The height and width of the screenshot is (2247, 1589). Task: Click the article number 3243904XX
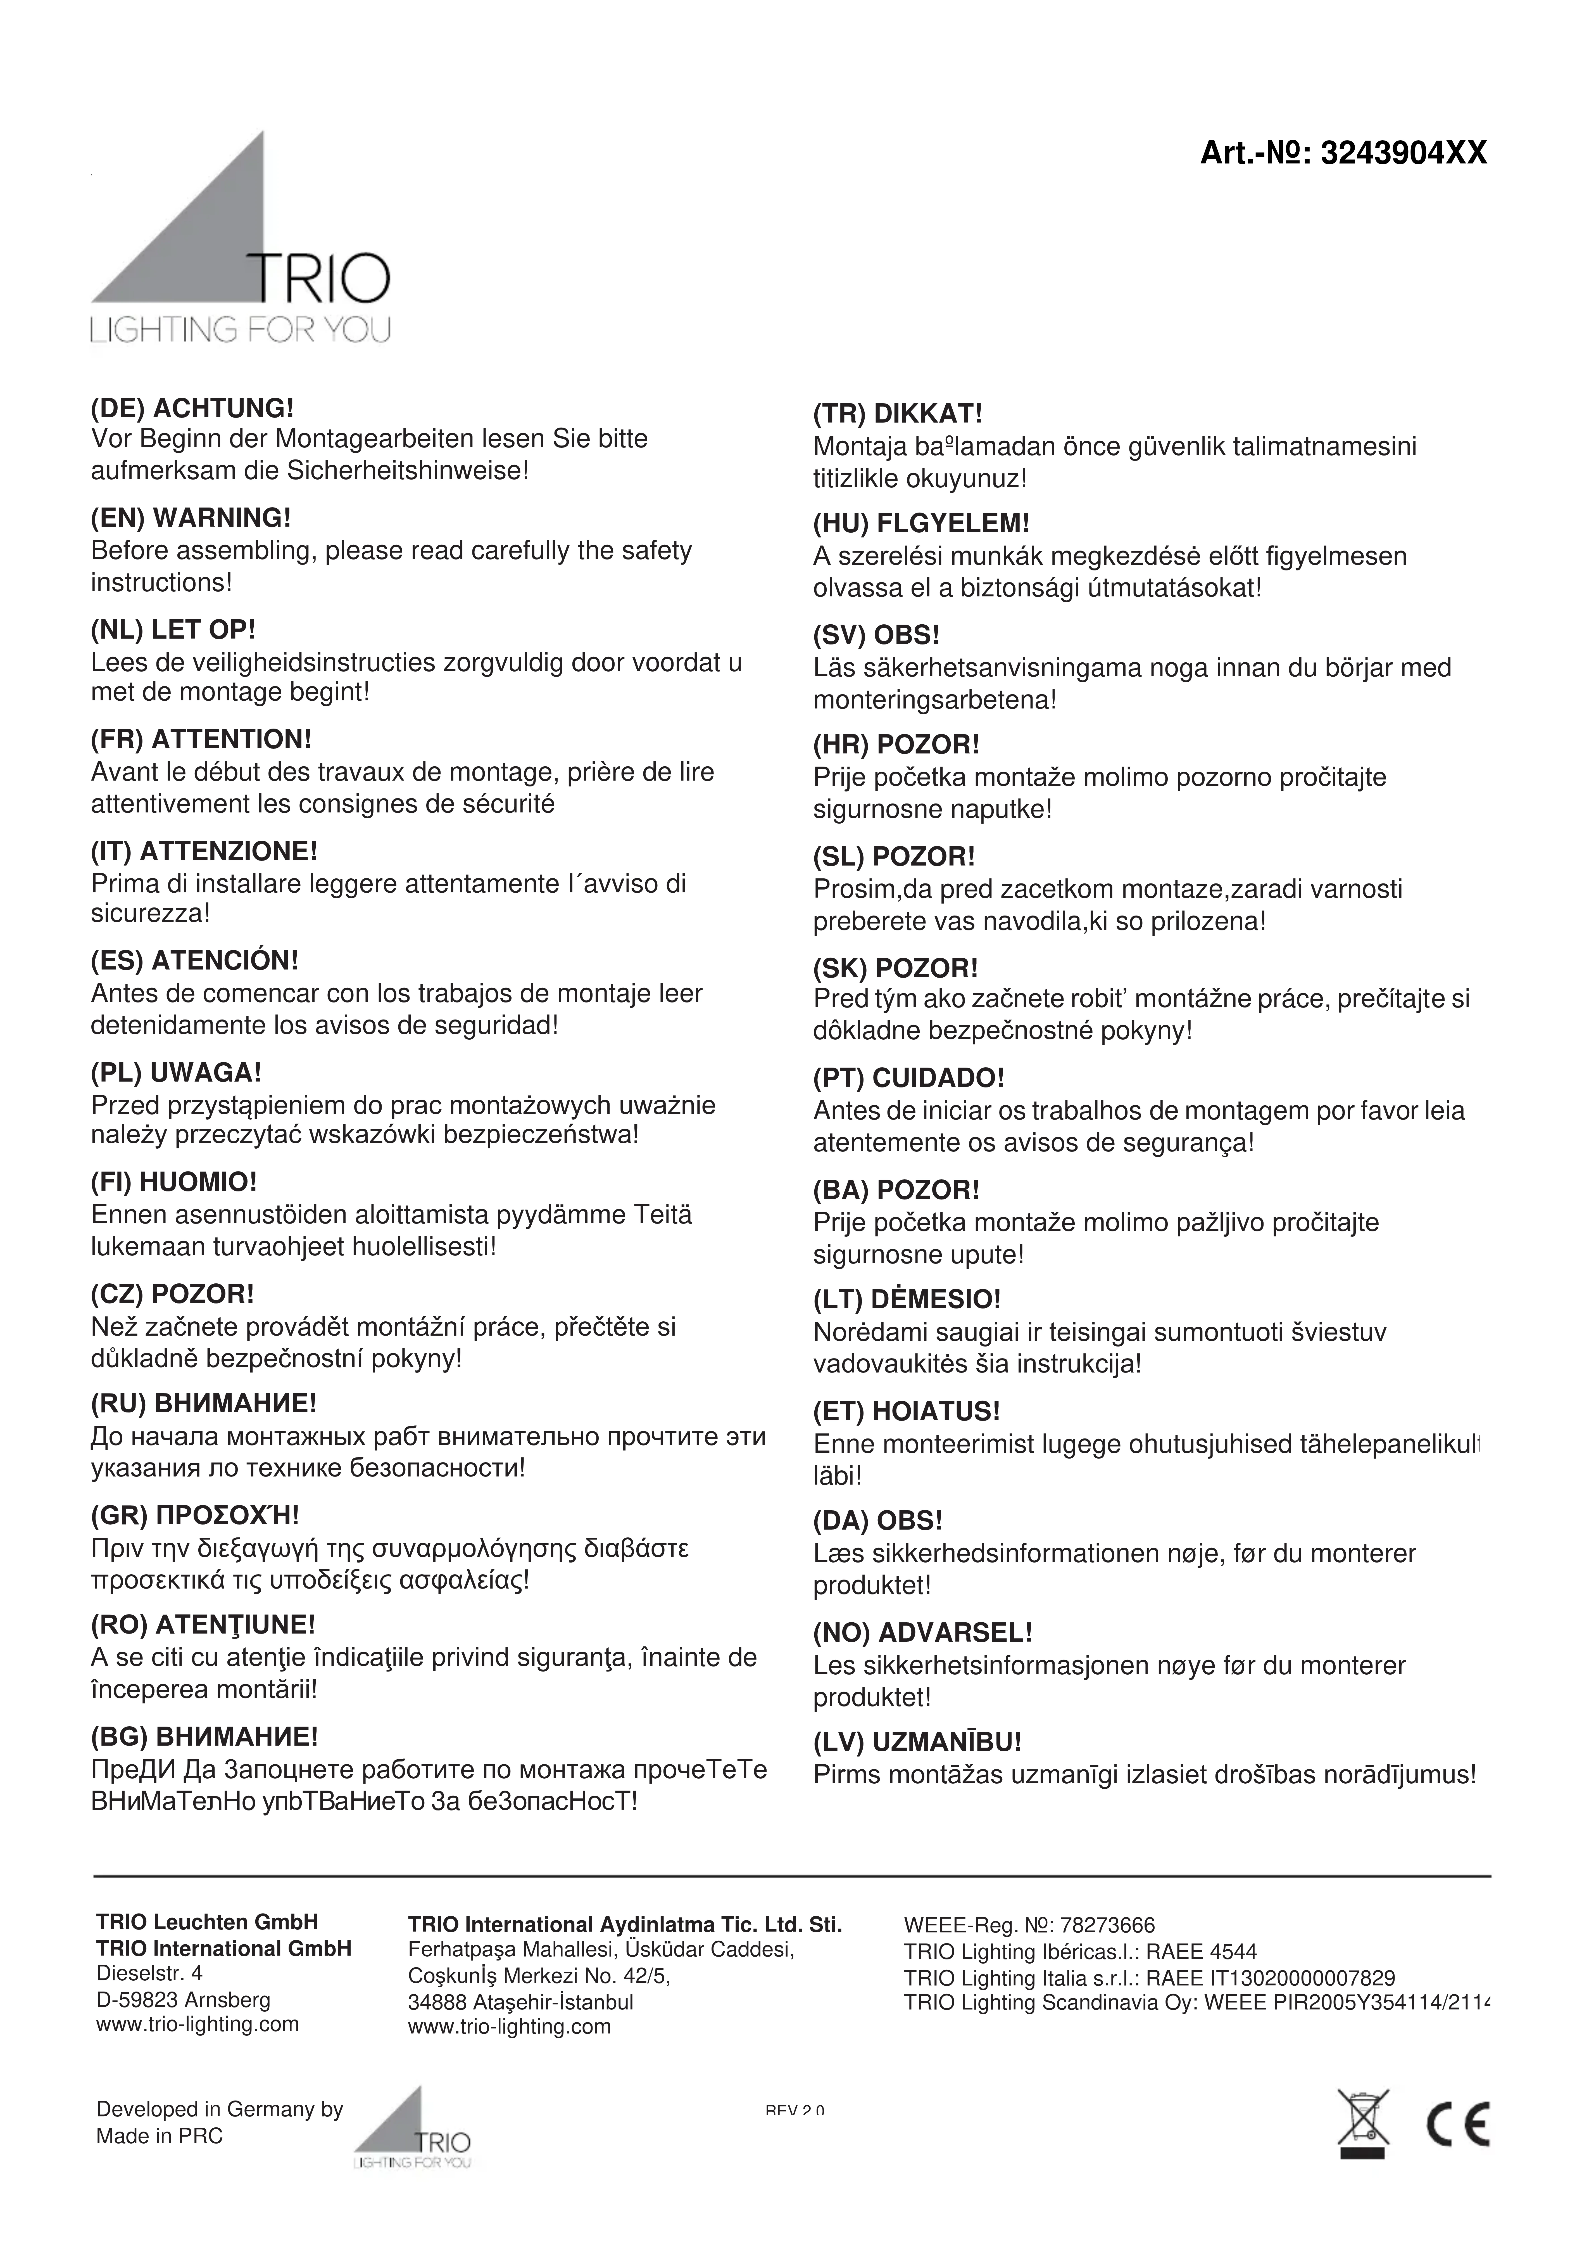pyautogui.click(x=1403, y=154)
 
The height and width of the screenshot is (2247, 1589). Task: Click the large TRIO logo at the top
pyautogui.click(x=241, y=240)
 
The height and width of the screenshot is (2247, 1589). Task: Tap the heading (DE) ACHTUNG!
pyautogui.click(x=192, y=407)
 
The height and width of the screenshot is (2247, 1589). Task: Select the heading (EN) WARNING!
pyautogui.click(x=191, y=518)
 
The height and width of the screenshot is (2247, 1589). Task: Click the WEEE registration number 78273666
pyautogui.click(x=1106, y=1926)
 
